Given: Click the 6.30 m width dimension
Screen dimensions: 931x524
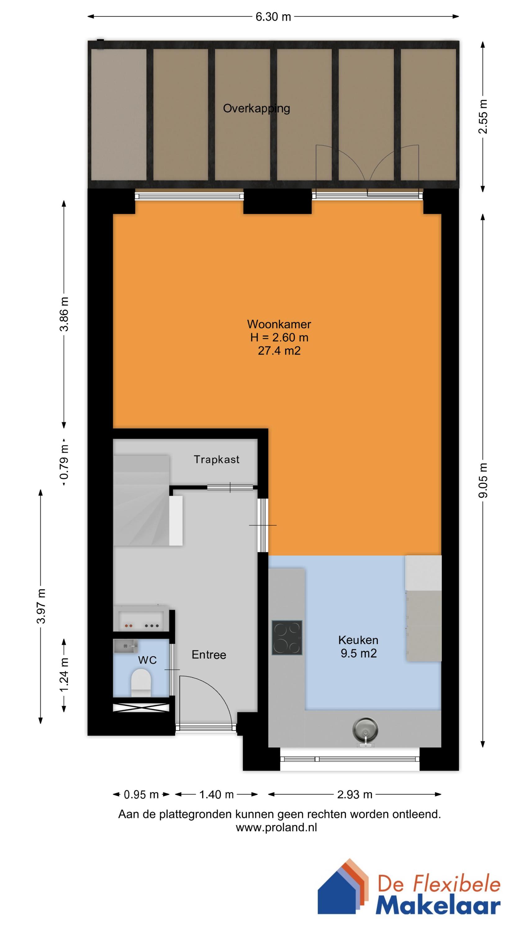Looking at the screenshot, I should click(x=273, y=17).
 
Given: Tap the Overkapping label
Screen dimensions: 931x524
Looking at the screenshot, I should click(x=256, y=108).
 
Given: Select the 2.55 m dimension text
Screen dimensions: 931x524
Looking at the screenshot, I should click(x=483, y=117).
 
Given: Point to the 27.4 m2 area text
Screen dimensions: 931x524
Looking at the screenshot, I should click(x=279, y=351).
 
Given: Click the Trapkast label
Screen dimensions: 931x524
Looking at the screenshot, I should click(x=216, y=459).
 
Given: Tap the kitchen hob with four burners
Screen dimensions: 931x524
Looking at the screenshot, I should click(x=287, y=638).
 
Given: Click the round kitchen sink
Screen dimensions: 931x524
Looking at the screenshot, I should click(x=365, y=729).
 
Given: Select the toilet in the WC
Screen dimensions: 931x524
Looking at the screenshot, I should click(x=141, y=682).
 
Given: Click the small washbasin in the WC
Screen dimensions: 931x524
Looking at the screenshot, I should click(x=125, y=645).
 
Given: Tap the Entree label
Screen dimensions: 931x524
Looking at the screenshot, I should click(x=209, y=654).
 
